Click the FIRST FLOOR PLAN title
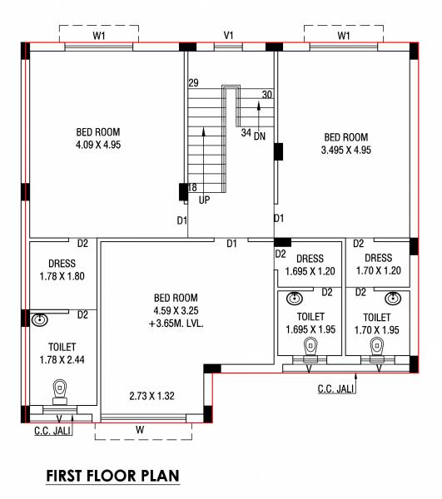[112, 477]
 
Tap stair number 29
[193, 82]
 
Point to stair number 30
[266, 95]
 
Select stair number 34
[246, 132]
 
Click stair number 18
[192, 187]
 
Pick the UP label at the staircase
[205, 200]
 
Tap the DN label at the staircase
[260, 136]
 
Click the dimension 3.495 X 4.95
[345, 151]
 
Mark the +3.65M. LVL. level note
[176, 324]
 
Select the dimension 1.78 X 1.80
[62, 276]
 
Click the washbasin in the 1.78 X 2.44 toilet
[39, 319]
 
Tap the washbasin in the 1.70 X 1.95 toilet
[391, 298]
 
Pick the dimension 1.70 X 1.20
[378, 270]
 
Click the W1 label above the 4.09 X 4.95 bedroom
[99, 36]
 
